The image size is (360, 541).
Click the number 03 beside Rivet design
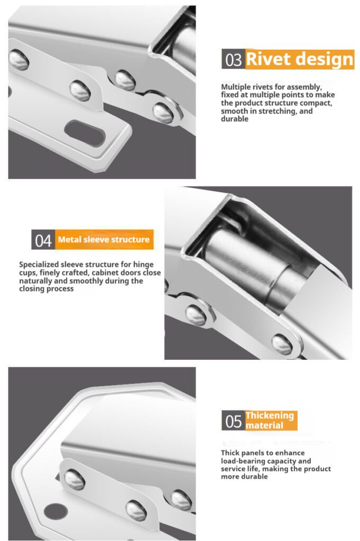pyautogui.click(x=233, y=59)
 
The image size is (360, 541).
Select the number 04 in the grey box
pyautogui.click(x=43, y=240)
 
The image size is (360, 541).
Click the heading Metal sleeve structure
pyautogui.click(x=104, y=239)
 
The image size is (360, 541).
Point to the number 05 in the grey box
pyautogui.click(x=233, y=421)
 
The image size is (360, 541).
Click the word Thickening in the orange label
pyautogui.click(x=270, y=416)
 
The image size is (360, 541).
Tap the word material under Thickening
pyautogui.click(x=264, y=425)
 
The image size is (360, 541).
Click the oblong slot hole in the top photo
pyautogui.click(x=85, y=133)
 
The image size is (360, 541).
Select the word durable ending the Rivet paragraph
pyautogui.click(x=235, y=119)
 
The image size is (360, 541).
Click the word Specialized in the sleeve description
pyautogui.click(x=39, y=265)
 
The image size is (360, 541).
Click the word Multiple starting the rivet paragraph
pyautogui.click(x=236, y=87)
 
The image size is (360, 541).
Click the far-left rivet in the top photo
pyautogui.click(x=18, y=60)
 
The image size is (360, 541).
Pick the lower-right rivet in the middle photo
pyautogui.click(x=282, y=344)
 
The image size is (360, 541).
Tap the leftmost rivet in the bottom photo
pyautogui.click(x=75, y=480)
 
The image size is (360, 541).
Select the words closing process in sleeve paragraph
pyautogui.click(x=46, y=289)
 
